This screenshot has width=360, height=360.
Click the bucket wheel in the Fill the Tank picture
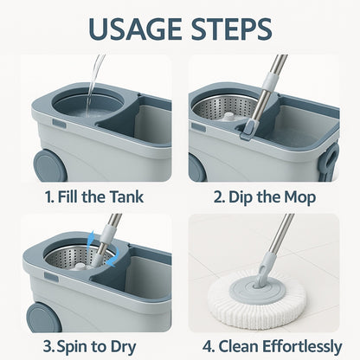coord(42,164)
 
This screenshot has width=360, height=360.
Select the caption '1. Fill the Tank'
coord(93,197)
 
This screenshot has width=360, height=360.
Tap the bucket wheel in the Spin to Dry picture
coord(42,317)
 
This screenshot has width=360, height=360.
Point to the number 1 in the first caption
coord(47,197)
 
